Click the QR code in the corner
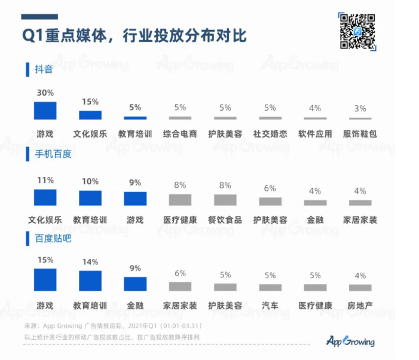coord(357,31)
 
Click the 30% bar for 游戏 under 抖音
coord(45,111)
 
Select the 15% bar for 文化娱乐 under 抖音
coord(90,115)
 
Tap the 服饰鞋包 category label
coord(360,134)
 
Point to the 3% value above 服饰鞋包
coord(360,108)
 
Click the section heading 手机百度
coord(53,154)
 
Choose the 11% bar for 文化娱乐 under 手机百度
coord(45,198)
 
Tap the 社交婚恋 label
coord(270,134)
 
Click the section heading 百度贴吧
coord(53,238)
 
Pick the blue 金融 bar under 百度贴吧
coord(135,283)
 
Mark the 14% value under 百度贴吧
coord(90,261)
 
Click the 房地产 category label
coord(360,306)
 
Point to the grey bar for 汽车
coord(270,287)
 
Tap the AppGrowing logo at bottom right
coord(351,341)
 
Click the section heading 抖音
coord(44,69)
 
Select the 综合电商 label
coord(180,134)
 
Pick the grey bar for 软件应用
coord(315,118)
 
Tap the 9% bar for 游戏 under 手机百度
coord(135,199)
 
